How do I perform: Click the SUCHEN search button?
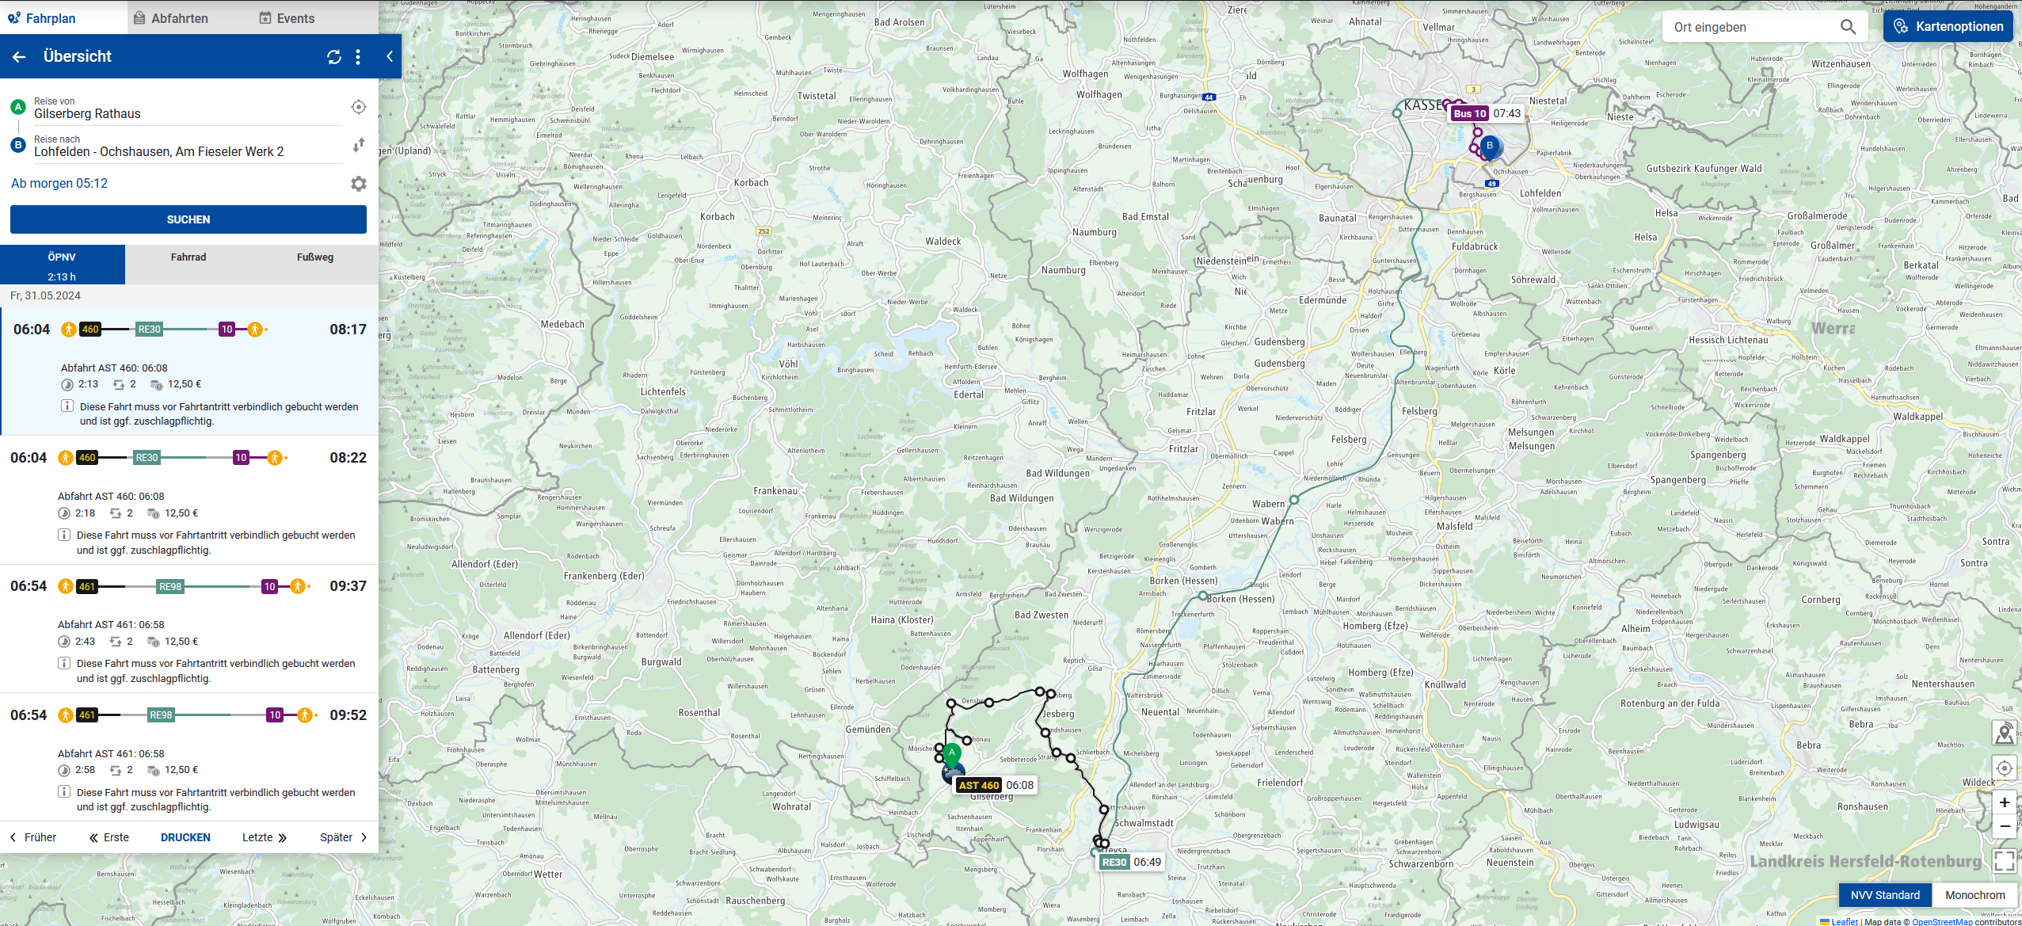[188, 219]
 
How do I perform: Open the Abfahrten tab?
[170, 18]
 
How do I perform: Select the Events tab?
[287, 18]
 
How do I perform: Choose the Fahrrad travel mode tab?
[188, 257]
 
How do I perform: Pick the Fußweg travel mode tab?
[314, 257]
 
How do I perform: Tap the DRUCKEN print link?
[185, 837]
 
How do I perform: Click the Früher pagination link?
[33, 837]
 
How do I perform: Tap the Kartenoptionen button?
[1948, 26]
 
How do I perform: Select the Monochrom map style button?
[1974, 895]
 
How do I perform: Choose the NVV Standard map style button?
[1884, 895]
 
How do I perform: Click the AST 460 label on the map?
[979, 785]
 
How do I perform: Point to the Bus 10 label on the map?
[1469, 113]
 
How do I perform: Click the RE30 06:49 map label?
[1130, 862]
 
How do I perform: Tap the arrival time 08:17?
[348, 330]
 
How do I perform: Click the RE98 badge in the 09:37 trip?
[170, 587]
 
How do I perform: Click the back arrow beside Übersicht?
[19, 56]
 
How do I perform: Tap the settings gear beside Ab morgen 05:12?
[358, 184]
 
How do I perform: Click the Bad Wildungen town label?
[1057, 474]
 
